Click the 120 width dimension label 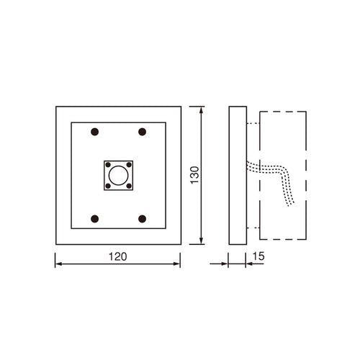[118, 256]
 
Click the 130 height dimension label [194, 175]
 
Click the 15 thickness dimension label [258, 256]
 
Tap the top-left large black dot [95, 132]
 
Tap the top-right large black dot [143, 132]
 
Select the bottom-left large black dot [95, 219]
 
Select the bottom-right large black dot [143, 219]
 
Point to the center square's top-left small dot [108, 165]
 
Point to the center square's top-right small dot [129, 165]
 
